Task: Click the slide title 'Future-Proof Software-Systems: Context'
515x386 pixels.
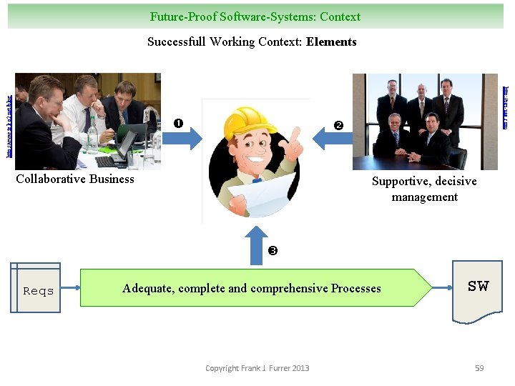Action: point(255,16)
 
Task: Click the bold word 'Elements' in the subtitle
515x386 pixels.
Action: point(331,41)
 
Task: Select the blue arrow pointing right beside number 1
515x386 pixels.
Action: point(185,139)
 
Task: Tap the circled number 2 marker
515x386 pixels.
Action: point(338,126)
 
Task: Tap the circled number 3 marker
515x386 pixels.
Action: point(272,251)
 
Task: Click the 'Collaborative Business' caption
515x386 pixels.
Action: point(75,179)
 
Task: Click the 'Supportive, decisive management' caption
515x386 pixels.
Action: point(424,189)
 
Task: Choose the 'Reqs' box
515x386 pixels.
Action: point(38,289)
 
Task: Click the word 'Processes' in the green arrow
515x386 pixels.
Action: point(355,289)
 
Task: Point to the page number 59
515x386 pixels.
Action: point(479,368)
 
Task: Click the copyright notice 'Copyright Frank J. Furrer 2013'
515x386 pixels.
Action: point(257,368)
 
